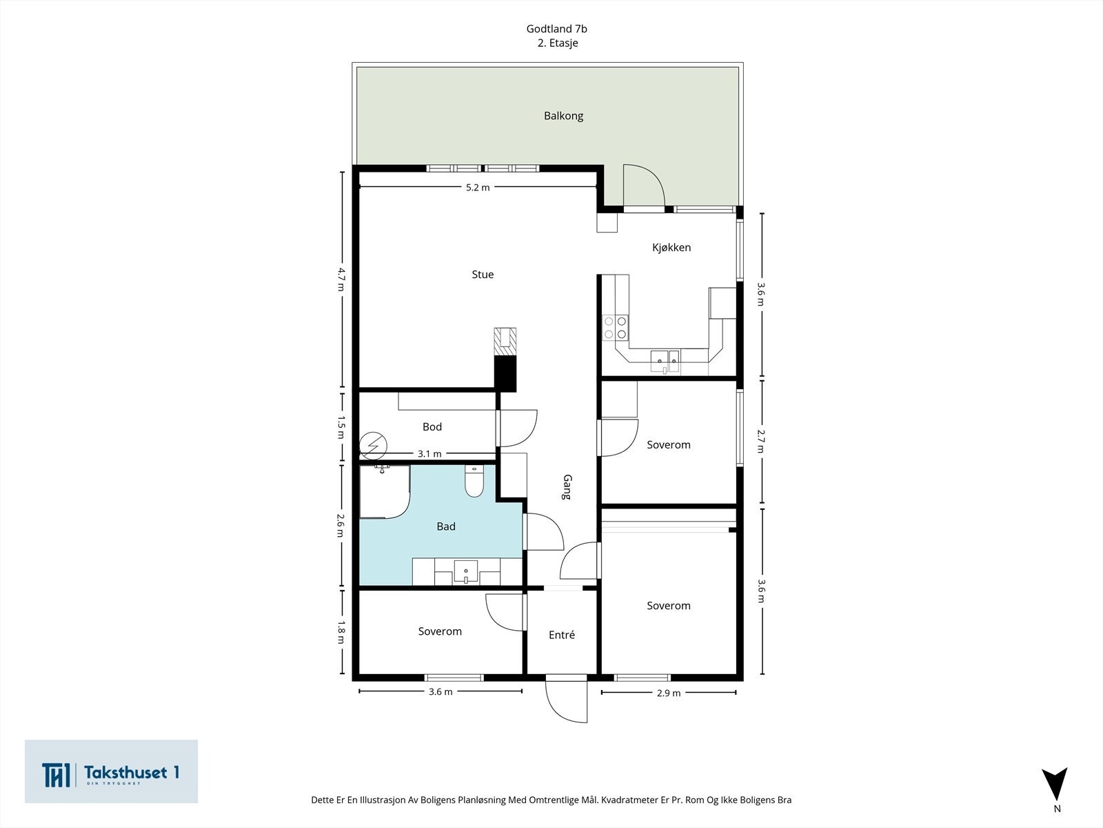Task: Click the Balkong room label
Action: point(563,116)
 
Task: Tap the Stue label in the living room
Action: point(483,275)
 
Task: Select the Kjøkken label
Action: point(671,248)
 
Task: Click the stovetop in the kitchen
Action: point(616,328)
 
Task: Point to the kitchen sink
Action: point(665,359)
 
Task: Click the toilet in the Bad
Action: point(474,482)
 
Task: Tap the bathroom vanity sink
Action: point(466,572)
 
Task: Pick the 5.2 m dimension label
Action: point(477,188)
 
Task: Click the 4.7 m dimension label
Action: point(341,279)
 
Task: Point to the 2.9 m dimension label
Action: point(668,693)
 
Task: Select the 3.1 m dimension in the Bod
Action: point(429,454)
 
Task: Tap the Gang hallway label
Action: point(567,487)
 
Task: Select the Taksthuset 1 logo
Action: point(111,772)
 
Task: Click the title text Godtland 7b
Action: point(556,29)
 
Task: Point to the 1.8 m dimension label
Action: point(341,632)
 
